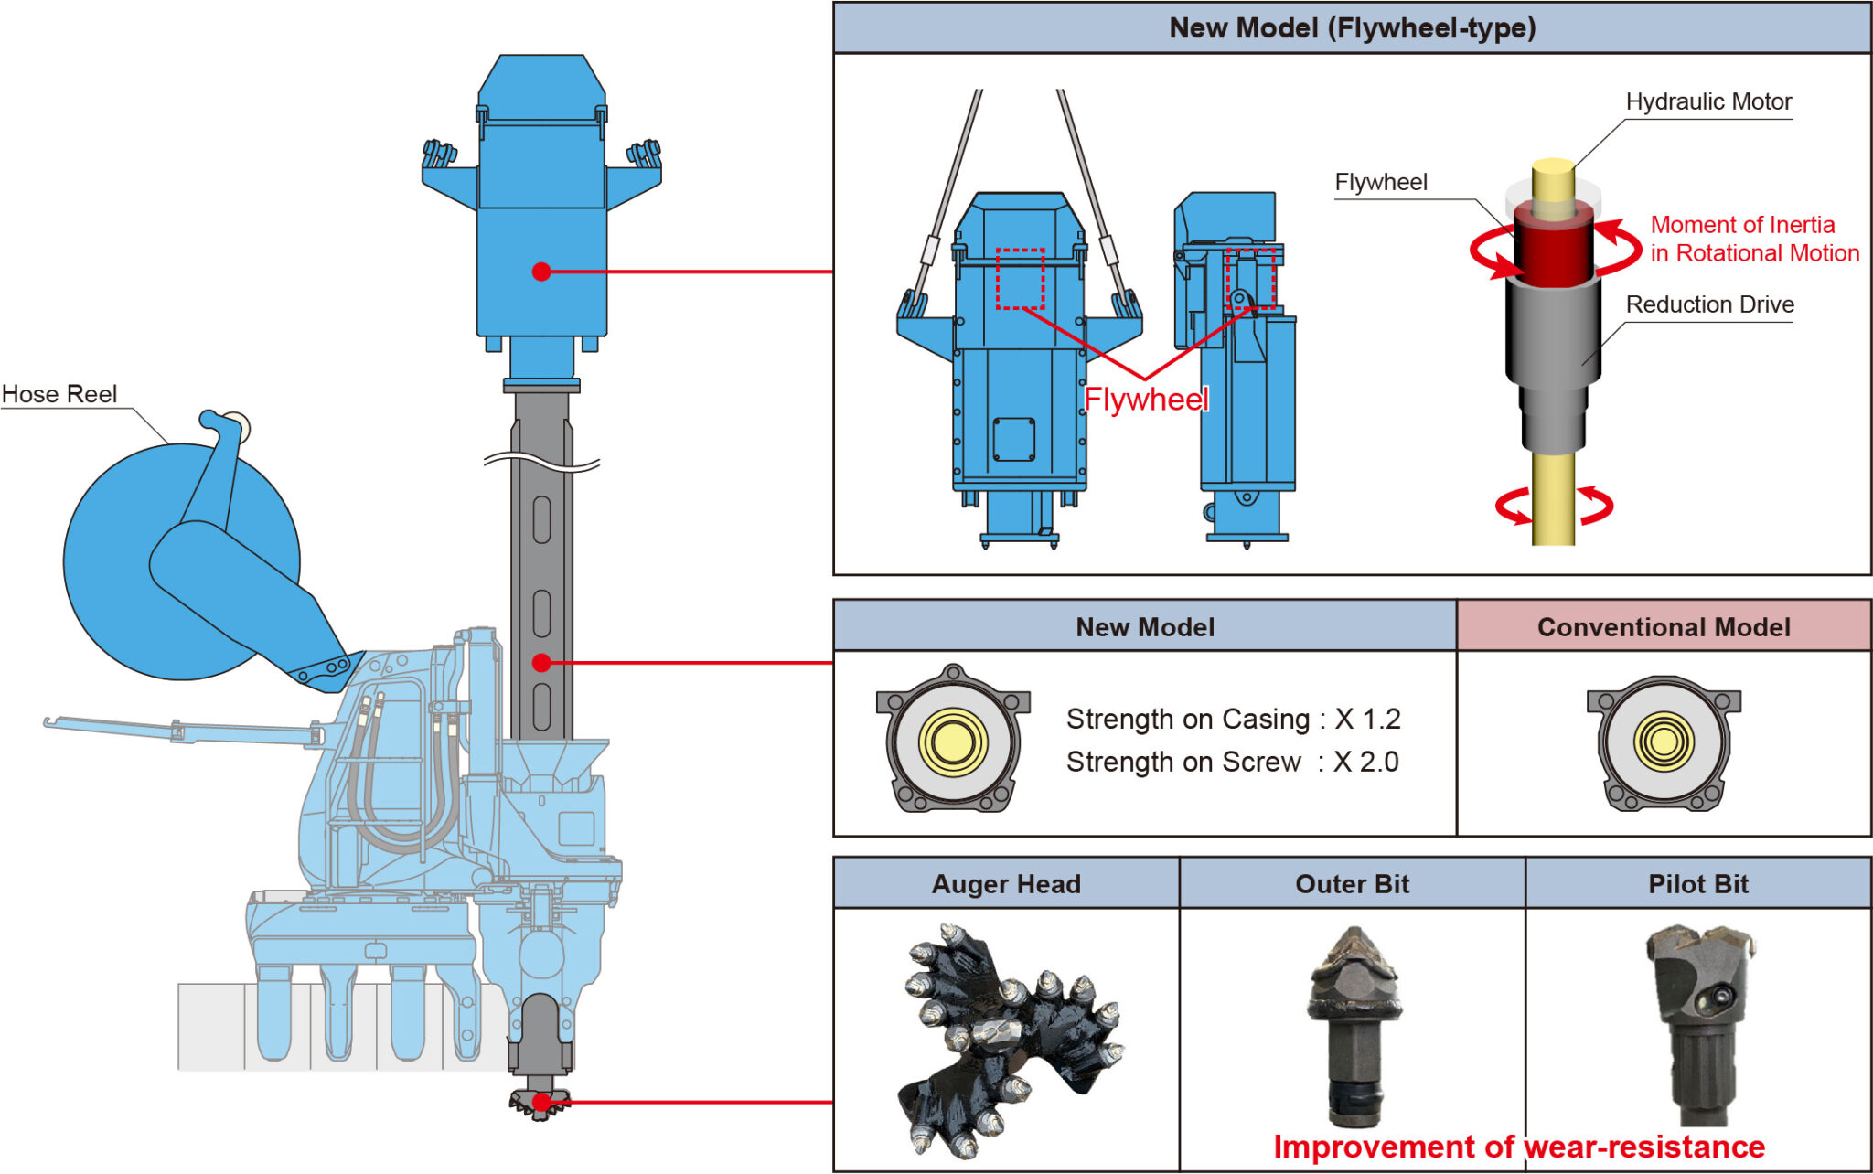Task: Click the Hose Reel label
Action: pos(59,394)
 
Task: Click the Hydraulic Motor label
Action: pos(1707,101)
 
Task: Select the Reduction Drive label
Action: pos(1709,304)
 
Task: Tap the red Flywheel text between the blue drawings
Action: pos(1145,400)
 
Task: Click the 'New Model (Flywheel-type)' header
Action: pos(1352,28)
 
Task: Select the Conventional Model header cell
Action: pos(1663,627)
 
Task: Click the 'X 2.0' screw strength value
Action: pos(1365,762)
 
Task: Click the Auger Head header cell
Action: pos(1006,884)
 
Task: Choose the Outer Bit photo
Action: pos(1354,1024)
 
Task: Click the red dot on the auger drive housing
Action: pos(541,272)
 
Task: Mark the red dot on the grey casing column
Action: pos(541,663)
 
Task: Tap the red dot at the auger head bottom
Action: pos(541,1102)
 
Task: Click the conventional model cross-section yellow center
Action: pos(1664,742)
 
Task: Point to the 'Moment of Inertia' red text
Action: pos(1742,225)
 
